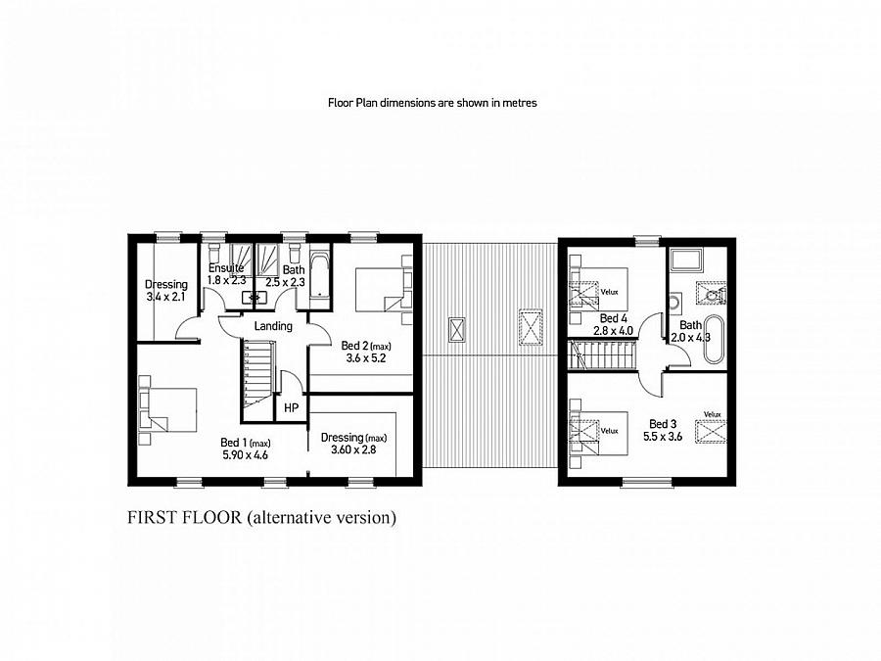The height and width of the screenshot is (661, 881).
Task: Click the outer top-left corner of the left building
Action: [x=128, y=234]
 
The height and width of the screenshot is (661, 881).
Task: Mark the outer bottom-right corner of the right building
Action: [x=736, y=486]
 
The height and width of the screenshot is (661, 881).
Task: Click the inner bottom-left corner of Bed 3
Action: [x=568, y=477]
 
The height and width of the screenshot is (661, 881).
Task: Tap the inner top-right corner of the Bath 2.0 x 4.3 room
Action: [x=727, y=247]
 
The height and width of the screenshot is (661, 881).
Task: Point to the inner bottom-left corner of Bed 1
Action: [x=138, y=477]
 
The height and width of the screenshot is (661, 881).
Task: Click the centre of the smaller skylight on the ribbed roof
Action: [x=457, y=329]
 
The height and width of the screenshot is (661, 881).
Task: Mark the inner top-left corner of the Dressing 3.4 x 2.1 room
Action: [x=138, y=244]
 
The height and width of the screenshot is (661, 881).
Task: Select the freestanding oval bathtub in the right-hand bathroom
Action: [x=715, y=339]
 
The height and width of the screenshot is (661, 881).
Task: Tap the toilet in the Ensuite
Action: [x=214, y=250]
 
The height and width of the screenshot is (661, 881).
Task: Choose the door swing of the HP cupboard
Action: [x=292, y=383]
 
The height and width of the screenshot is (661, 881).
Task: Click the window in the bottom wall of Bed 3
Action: [x=646, y=482]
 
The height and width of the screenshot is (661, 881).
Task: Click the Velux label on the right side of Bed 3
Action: [x=712, y=414]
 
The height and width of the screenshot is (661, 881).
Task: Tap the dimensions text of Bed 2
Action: [x=365, y=358]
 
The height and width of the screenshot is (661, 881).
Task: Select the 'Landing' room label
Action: [x=273, y=326]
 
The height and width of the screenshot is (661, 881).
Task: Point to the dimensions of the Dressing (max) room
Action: [x=353, y=449]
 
